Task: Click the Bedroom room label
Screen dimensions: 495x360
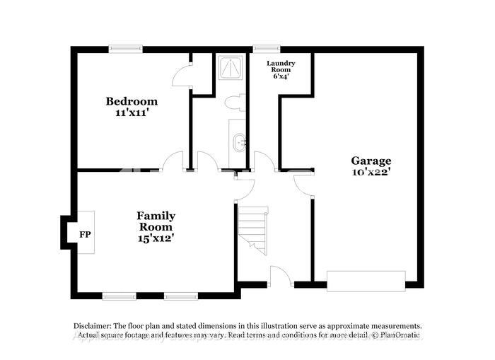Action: pyautogui.click(x=132, y=101)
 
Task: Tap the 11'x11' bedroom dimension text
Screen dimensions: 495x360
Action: pyautogui.click(x=132, y=112)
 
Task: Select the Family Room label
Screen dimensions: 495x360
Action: pyautogui.click(x=156, y=221)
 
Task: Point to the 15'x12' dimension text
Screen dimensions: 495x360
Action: pyautogui.click(x=156, y=238)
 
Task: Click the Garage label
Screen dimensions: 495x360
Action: pyautogui.click(x=371, y=161)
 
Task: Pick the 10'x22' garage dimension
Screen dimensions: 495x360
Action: pyautogui.click(x=371, y=172)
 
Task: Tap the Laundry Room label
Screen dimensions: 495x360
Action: pyautogui.click(x=281, y=66)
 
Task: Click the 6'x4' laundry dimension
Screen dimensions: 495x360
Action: pyautogui.click(x=281, y=76)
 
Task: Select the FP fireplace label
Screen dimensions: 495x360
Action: pyautogui.click(x=85, y=234)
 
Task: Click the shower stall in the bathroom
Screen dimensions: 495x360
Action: pyautogui.click(x=231, y=68)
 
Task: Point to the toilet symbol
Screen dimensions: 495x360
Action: pyautogui.click(x=235, y=103)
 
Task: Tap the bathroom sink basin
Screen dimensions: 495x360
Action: pyautogui.click(x=240, y=143)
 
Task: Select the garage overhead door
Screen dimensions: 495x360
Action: pyautogui.click(x=366, y=281)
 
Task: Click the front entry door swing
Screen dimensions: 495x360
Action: pyautogui.click(x=281, y=277)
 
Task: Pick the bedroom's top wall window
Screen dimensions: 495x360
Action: pyautogui.click(x=126, y=49)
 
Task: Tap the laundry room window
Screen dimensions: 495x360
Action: pyautogui.click(x=267, y=49)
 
